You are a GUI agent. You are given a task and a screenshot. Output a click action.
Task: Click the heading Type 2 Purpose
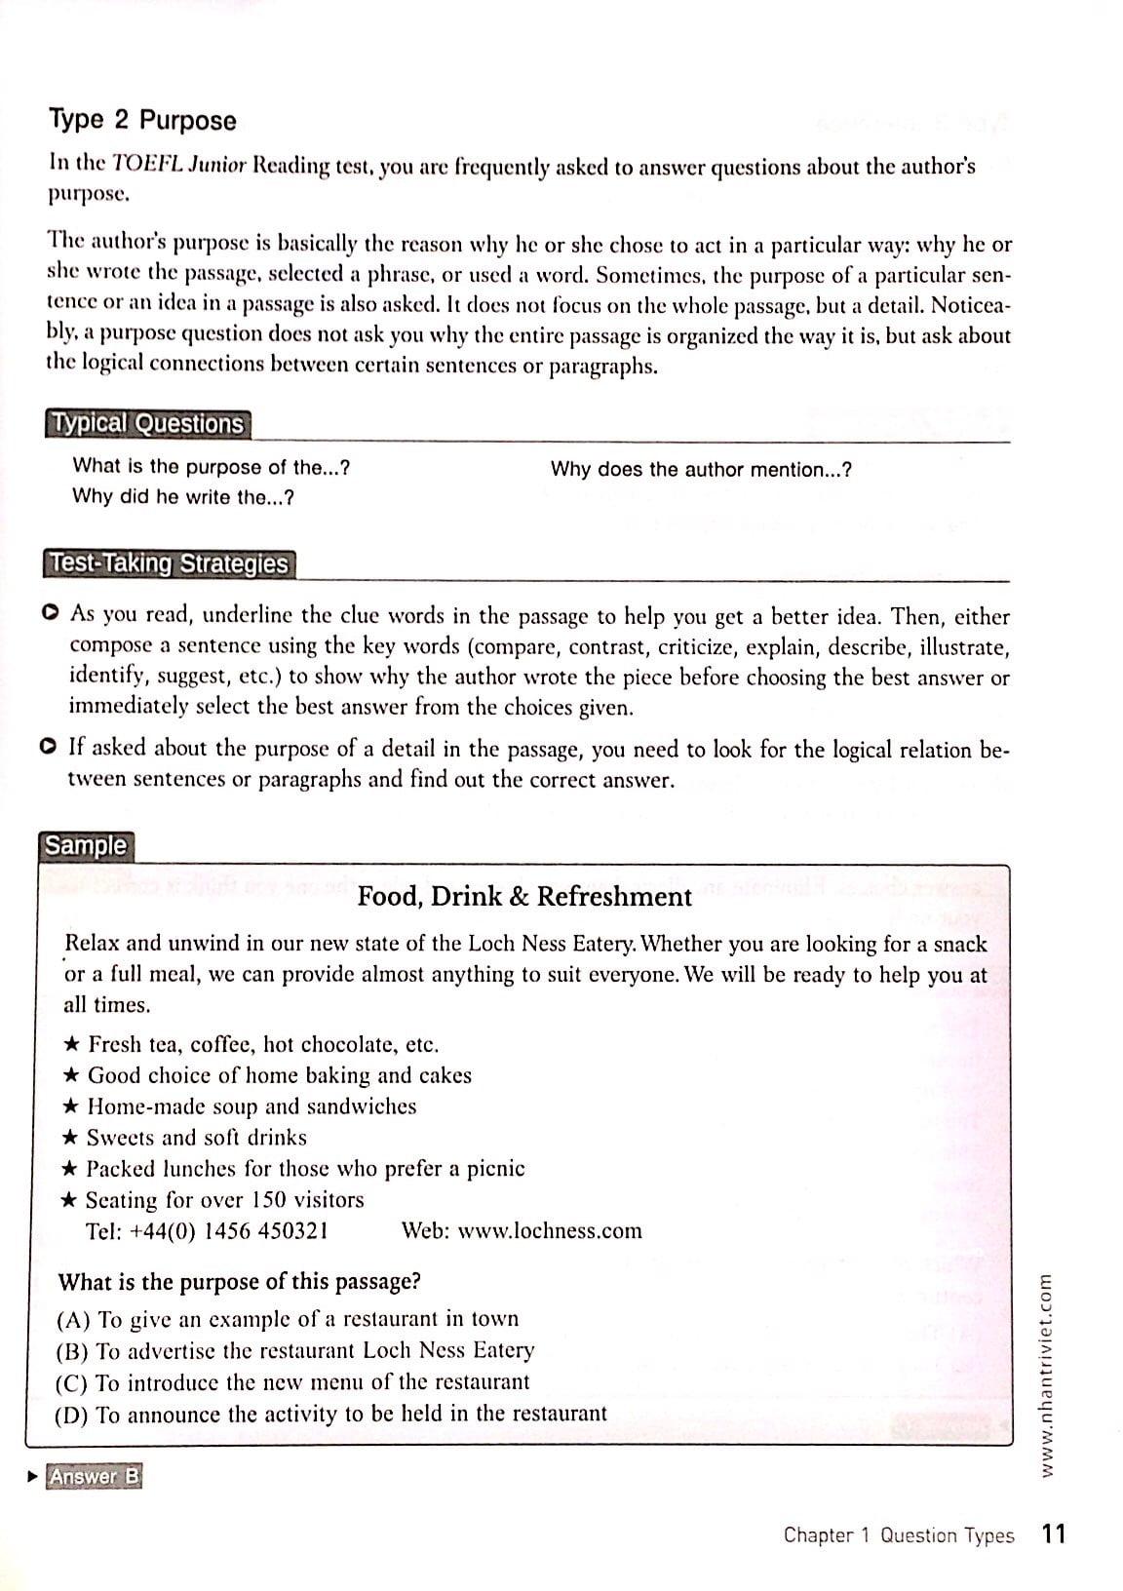142,121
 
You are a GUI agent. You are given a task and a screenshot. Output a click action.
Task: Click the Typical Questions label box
147,424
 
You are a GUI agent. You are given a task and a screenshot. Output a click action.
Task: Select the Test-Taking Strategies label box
169,564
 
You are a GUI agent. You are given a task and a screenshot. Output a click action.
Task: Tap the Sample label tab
86,845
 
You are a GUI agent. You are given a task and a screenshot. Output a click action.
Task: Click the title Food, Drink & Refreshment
524,897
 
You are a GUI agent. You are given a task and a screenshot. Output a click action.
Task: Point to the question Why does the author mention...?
701,470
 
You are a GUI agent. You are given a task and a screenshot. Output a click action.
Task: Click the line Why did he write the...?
183,497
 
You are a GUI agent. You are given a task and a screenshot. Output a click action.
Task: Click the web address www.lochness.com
550,1231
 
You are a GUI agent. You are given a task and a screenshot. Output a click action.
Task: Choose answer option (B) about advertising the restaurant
296,1351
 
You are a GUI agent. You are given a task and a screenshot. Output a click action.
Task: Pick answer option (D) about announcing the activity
331,1414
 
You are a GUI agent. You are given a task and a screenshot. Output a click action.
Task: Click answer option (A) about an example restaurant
289,1319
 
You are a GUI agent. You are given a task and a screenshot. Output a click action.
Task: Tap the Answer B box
95,1477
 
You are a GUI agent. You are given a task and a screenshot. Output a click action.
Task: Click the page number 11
1053,1534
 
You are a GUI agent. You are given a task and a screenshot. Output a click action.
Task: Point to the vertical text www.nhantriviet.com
1046,1375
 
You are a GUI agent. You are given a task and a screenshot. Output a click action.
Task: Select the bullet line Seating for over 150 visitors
224,1200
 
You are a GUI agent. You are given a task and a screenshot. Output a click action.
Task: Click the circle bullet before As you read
51,613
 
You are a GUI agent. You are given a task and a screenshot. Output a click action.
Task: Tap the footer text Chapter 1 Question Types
898,1535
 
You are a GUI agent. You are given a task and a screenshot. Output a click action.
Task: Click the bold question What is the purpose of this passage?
240,1282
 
